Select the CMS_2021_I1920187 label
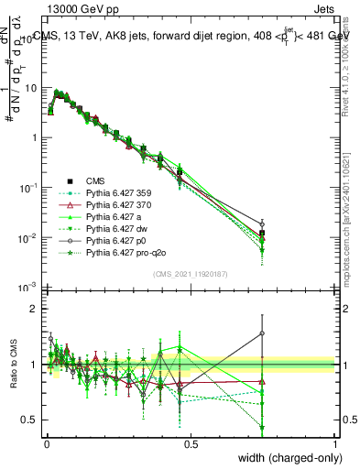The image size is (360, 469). pyautogui.click(x=190, y=275)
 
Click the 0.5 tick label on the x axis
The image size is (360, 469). pyautogui.click(x=190, y=442)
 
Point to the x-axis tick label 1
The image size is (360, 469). pyautogui.click(x=335, y=442)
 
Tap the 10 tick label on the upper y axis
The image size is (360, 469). pyautogui.click(x=30, y=88)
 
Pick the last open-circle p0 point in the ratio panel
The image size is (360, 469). pyautogui.click(x=262, y=333)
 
